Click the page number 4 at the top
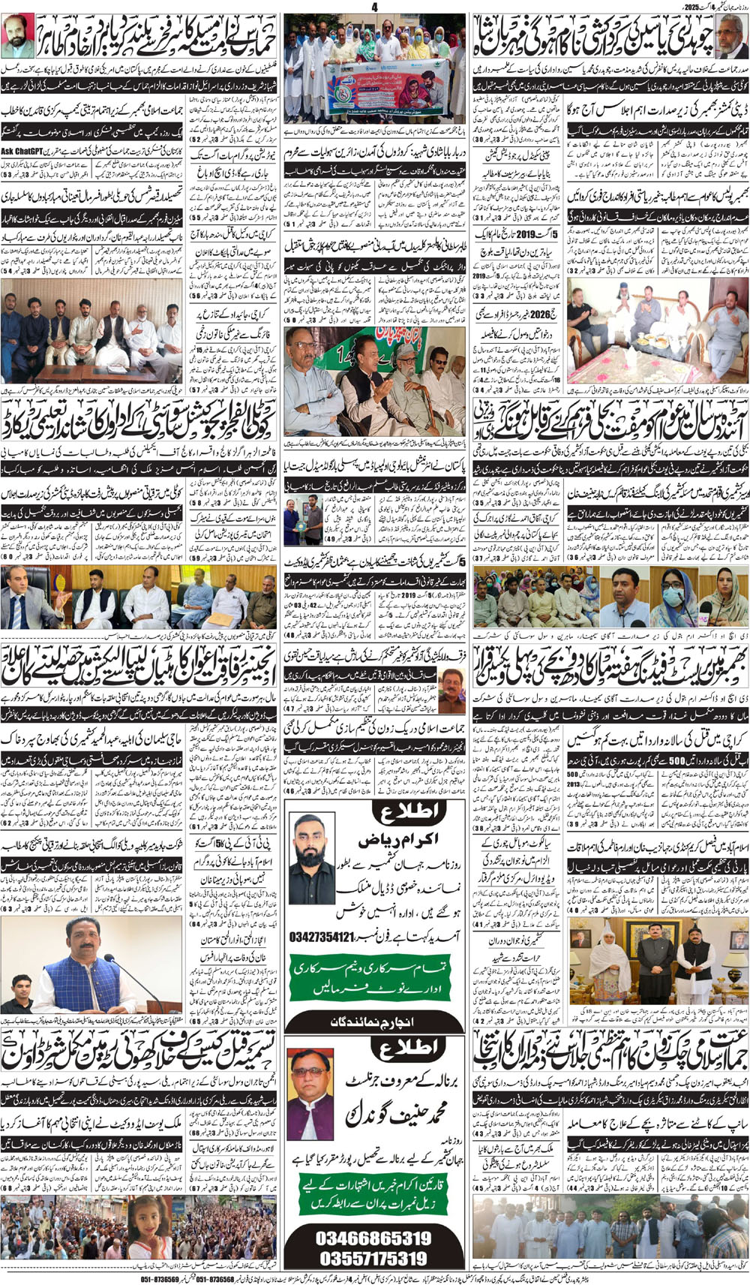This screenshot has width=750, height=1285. point(375,7)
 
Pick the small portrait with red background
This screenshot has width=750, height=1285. point(17,35)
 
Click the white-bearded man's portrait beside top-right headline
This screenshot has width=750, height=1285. point(733,35)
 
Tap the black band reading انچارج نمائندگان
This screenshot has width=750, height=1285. point(373,1022)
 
